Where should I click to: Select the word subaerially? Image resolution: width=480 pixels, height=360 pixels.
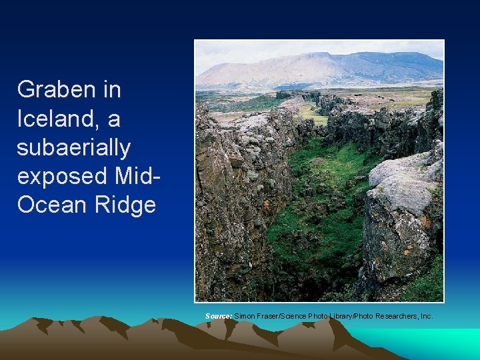pyautogui.click(x=73, y=147)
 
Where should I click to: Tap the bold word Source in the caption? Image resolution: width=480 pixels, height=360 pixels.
pyautogui.click(x=219, y=315)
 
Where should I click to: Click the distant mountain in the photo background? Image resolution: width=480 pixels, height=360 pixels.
pyautogui.click(x=313, y=70)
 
